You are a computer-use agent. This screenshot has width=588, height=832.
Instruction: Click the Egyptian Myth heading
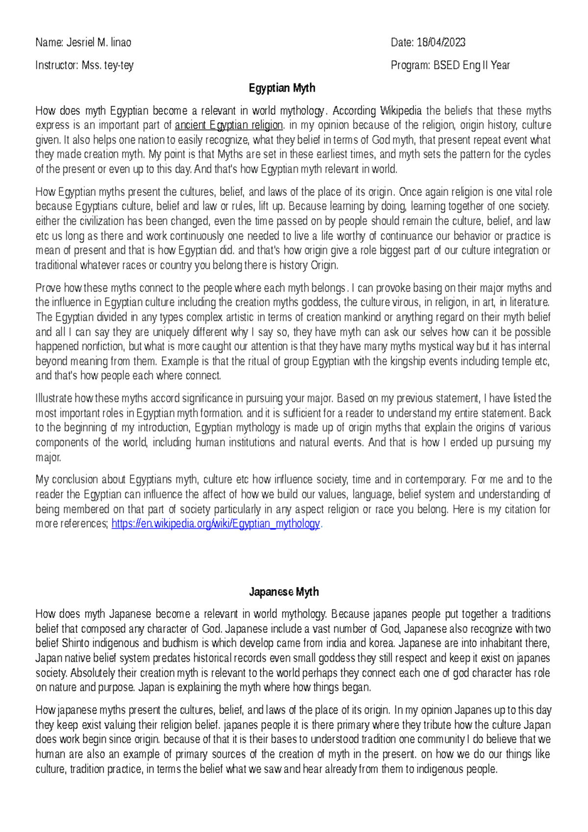282,88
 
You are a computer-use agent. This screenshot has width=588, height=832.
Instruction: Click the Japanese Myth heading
284,592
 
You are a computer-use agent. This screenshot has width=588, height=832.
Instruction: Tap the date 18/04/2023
441,43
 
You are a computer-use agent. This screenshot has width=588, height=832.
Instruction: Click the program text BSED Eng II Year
471,65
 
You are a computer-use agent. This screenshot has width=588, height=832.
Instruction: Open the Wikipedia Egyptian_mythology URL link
216,524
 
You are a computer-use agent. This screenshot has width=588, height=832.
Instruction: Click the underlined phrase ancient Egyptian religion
229,125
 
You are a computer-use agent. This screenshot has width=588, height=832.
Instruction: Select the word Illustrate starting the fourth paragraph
54,398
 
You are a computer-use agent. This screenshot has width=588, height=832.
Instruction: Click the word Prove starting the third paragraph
48,288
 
